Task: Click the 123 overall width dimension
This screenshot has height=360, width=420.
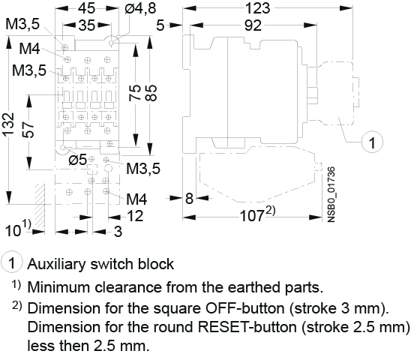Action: [258, 8]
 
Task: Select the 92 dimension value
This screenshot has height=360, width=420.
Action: [253, 25]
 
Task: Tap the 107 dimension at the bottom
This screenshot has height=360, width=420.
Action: [251, 216]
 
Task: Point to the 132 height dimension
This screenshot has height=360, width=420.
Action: [9, 124]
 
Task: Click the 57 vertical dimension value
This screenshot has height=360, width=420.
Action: [28, 130]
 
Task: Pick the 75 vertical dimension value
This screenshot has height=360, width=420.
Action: [135, 93]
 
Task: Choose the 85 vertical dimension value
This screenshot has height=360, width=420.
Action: [151, 93]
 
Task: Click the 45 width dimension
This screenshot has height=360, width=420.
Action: [86, 8]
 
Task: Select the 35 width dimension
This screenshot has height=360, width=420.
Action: [87, 25]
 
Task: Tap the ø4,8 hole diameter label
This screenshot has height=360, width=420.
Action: [140, 8]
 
